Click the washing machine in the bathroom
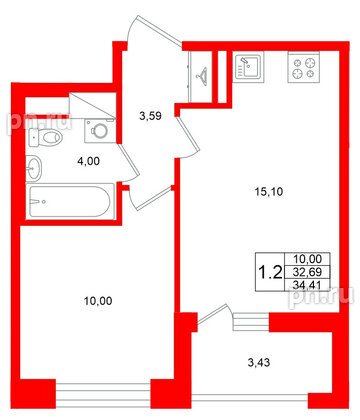coord(97,129)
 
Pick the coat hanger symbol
coord(203,73)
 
